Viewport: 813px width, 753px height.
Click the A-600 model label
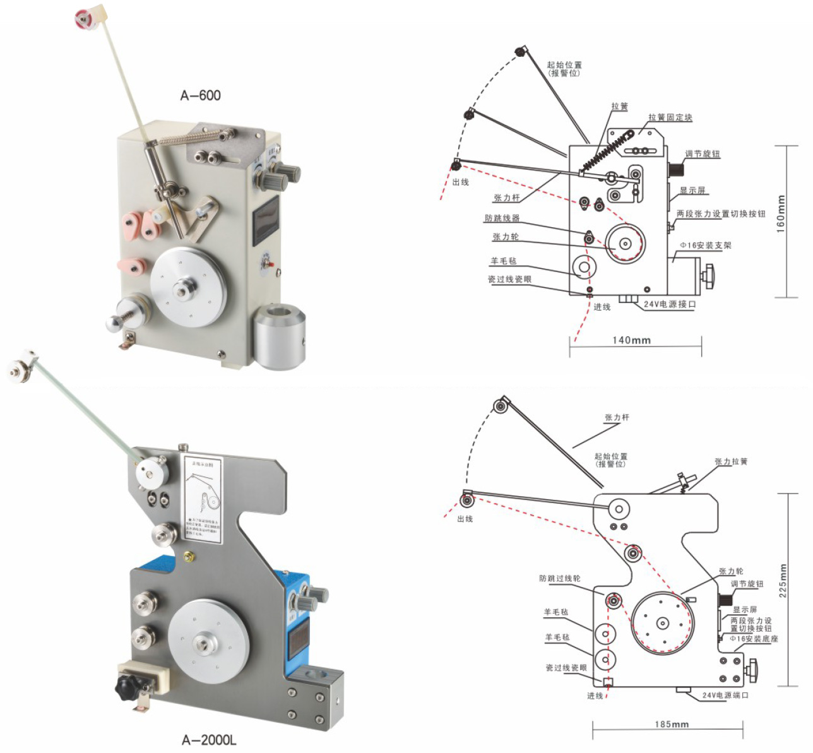[x=201, y=96]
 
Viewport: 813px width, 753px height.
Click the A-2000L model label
[x=209, y=740]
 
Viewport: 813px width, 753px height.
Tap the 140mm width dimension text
[x=631, y=341]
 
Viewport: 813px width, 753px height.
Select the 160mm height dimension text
[x=781, y=215]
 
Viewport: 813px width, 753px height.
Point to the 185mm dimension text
[x=672, y=725]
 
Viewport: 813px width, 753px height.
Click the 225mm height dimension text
[x=783, y=581]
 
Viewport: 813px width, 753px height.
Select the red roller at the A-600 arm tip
[x=82, y=18]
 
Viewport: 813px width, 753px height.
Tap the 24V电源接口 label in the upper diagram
[x=670, y=304]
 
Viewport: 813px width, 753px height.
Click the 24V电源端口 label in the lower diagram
[x=726, y=696]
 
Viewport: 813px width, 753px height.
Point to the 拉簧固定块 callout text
[x=670, y=117]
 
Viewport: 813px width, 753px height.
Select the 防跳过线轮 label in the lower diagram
[x=560, y=578]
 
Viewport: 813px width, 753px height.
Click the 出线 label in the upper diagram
[x=461, y=182]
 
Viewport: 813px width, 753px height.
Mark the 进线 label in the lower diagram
[x=595, y=696]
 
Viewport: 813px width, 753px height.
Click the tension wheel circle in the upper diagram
[x=626, y=244]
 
